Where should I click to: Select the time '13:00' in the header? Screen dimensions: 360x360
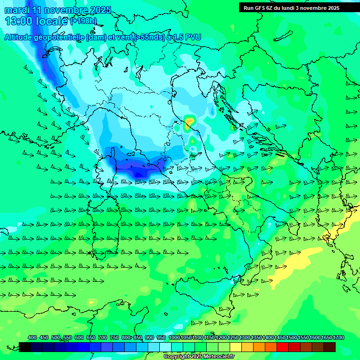(x=19, y=21)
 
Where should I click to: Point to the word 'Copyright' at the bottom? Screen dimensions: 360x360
(x=177, y=357)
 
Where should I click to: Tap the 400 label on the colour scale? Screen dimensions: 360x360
(x=32, y=338)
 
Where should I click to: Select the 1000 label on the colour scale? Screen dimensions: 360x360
(x=174, y=338)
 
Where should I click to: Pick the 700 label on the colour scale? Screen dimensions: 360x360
(x=102, y=338)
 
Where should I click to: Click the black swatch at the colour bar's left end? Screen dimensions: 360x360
(x=25, y=347)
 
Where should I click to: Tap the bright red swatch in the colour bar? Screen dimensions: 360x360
(x=283, y=347)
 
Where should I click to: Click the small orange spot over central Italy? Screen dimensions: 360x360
(x=188, y=124)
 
